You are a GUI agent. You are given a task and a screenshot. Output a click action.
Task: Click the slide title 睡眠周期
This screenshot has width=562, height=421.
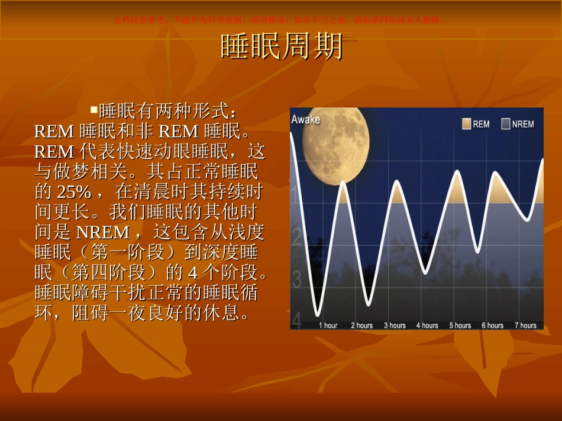tap(281, 46)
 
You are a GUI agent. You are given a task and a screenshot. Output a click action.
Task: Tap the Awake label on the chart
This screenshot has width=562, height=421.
tap(305, 119)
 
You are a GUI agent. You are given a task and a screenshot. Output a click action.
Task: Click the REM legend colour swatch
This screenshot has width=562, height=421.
tap(466, 123)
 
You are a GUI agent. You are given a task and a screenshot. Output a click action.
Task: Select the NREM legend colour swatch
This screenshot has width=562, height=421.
tap(505, 123)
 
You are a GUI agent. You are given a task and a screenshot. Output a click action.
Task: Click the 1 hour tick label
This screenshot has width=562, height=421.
tap(328, 325)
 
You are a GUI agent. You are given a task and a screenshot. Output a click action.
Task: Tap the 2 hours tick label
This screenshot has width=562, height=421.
tap(361, 325)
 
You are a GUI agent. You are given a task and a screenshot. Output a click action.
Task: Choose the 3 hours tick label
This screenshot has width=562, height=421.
tap(395, 325)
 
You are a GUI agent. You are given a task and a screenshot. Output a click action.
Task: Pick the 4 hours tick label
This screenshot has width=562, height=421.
tap(427, 325)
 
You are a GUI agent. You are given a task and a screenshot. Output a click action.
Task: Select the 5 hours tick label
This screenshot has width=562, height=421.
tap(460, 325)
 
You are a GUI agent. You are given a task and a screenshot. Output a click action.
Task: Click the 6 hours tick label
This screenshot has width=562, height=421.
tap(492, 325)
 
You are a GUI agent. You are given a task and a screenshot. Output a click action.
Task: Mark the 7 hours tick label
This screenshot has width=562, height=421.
tap(525, 325)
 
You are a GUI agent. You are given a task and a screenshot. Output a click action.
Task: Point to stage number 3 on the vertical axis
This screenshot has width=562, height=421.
tap(297, 277)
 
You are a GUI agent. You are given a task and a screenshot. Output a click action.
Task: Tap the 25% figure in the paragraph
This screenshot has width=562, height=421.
tap(73, 192)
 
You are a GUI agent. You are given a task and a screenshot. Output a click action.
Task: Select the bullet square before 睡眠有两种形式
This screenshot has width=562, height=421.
tap(93, 109)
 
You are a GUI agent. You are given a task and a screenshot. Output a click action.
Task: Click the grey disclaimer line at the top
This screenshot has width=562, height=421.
tap(280, 19)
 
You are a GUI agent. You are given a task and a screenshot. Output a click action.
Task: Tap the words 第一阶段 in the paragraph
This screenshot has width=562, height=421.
tap(128, 252)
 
